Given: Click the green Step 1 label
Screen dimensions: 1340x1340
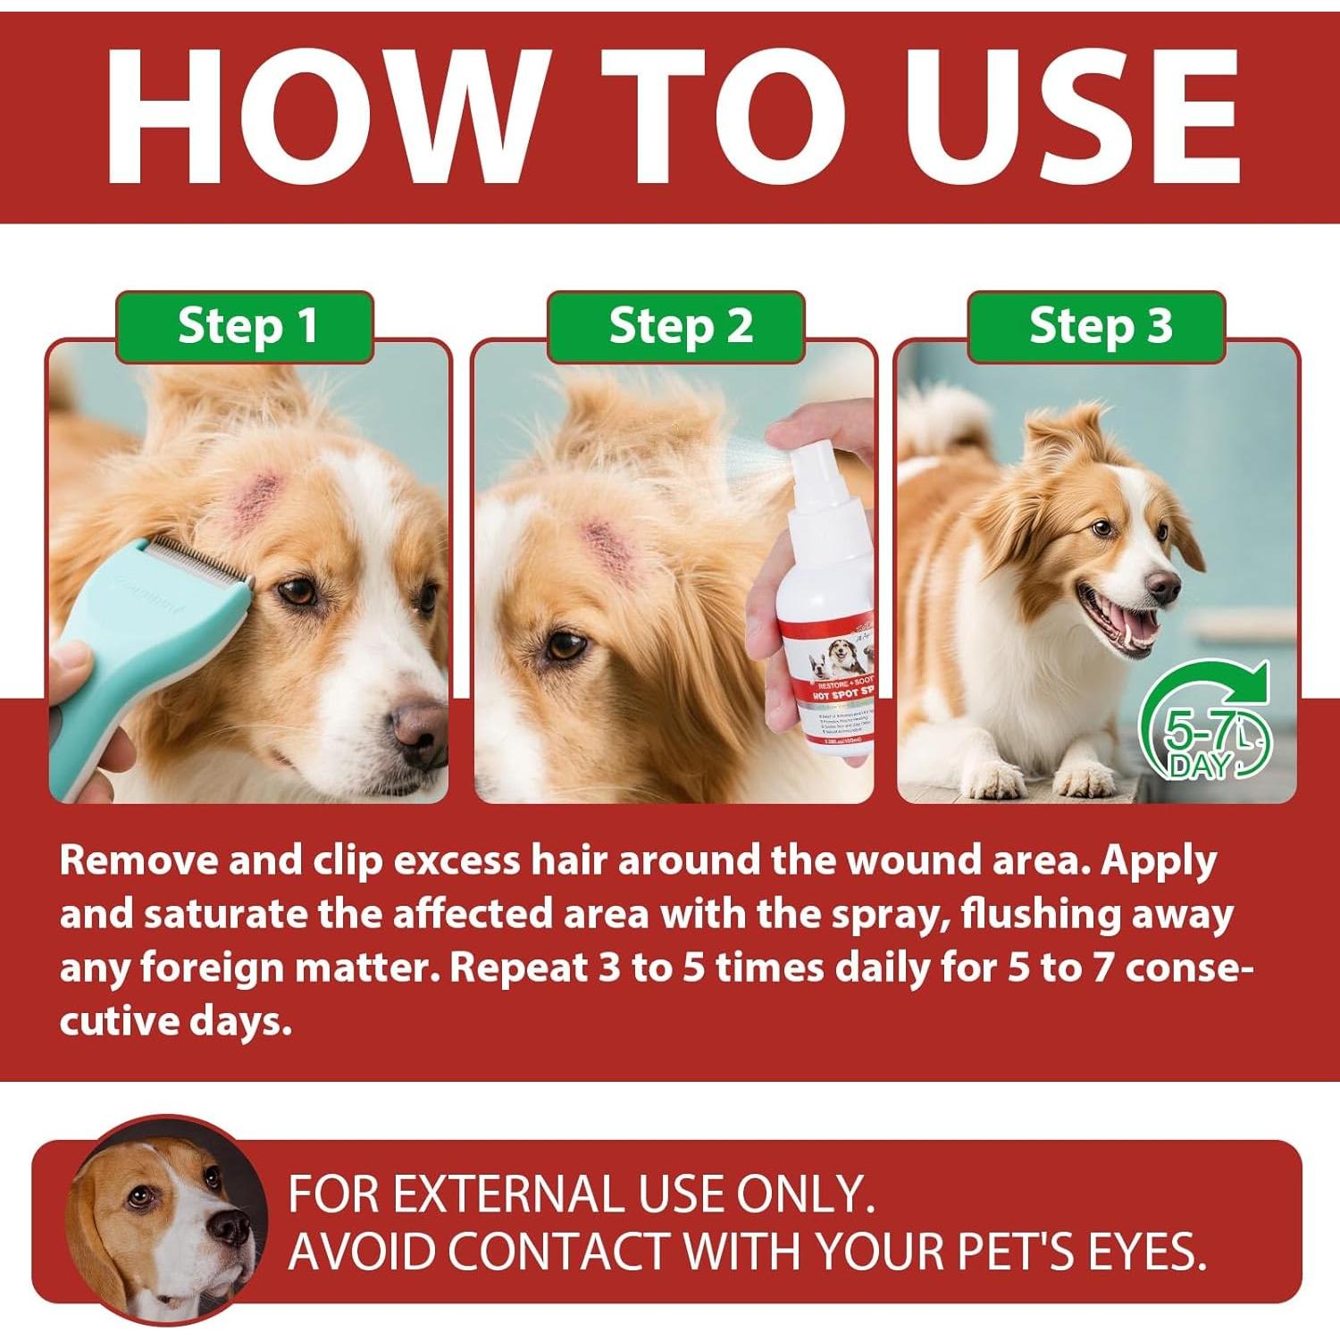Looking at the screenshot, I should tap(246, 327).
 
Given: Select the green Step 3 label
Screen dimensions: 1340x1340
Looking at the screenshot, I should tap(1098, 327).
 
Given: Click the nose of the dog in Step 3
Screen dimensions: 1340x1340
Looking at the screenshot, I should tap(1162, 586).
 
